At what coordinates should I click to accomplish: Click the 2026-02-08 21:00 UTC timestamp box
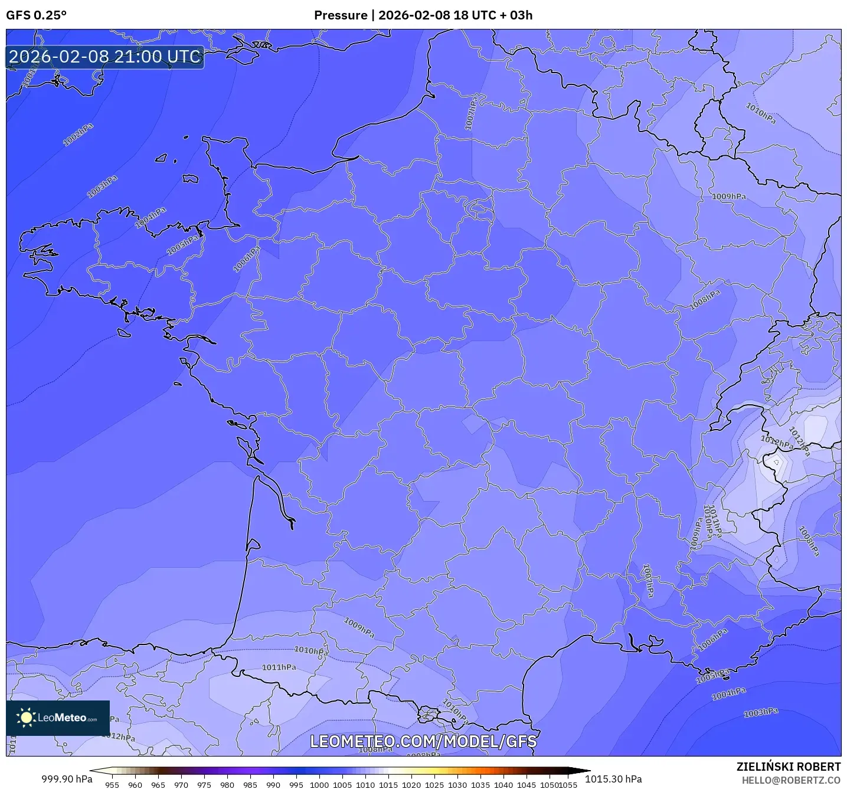coord(105,57)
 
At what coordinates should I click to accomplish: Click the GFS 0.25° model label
coord(36,15)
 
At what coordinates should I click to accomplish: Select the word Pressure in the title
coord(341,15)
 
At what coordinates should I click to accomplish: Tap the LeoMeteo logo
coord(58,718)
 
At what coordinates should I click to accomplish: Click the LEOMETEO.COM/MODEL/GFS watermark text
coord(423,741)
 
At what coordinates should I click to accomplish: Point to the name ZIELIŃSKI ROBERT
coord(788,767)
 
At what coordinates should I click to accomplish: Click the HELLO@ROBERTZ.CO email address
coord(791,780)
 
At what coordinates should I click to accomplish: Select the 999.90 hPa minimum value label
coord(67,779)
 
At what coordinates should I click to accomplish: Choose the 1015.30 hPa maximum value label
coord(613,779)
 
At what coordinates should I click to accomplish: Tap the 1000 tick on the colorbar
coord(319,785)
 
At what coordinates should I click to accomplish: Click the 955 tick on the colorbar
coord(112,785)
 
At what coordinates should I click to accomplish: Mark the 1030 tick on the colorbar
coord(457,785)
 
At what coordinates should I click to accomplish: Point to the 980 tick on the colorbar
coord(227,785)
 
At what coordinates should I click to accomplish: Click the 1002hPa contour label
coord(78,135)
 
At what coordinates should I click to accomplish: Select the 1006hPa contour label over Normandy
coord(246,260)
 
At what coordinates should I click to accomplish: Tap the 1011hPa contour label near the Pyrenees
coord(279,667)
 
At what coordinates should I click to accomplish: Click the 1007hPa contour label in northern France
coord(471,113)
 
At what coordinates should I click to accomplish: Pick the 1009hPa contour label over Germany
coord(728,197)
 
